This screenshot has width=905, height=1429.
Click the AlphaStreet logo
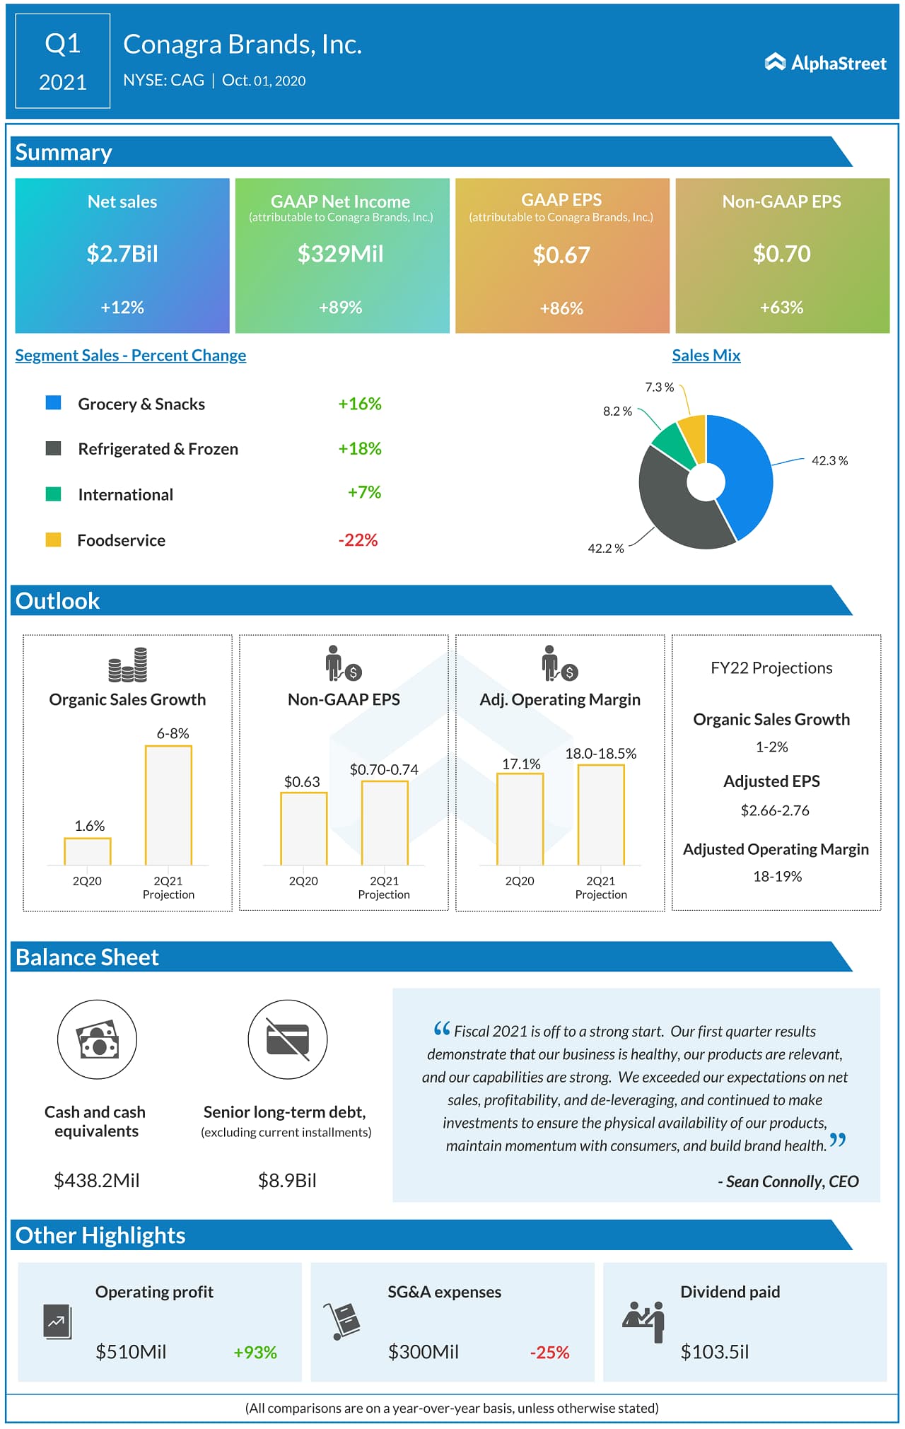coord(825,63)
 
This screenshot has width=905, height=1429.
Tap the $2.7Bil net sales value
coord(122,254)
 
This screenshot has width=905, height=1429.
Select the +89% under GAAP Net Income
coord(340,308)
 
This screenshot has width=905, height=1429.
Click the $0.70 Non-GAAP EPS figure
coord(781,254)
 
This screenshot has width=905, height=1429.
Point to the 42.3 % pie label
coord(829,460)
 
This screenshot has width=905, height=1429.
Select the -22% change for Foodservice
coord(358,540)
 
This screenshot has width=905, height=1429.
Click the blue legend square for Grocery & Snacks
coord(53,403)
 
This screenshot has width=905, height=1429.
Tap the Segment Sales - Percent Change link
coord(131,356)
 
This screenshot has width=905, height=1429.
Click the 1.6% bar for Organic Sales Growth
coord(88,851)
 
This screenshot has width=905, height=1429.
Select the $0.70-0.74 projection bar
coord(385,822)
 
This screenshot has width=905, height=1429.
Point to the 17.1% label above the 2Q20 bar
coord(521,764)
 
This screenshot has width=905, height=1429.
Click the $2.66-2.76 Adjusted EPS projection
coord(775,810)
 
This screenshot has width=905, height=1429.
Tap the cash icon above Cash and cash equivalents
coord(97,1039)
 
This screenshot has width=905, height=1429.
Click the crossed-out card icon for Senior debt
coord(288,1039)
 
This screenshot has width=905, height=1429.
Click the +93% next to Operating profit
coord(255,1352)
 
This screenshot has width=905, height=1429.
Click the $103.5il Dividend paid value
coord(714,1352)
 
